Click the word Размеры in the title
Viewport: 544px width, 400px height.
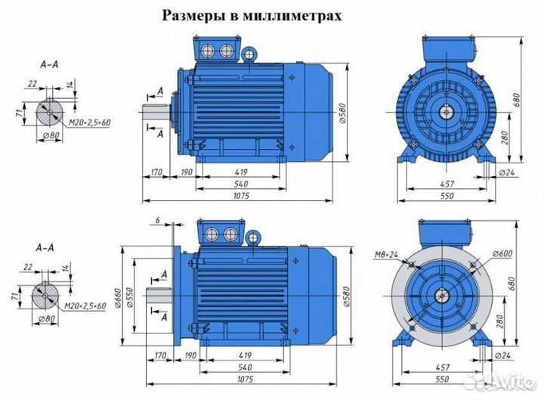pyautogui.click(x=191, y=16)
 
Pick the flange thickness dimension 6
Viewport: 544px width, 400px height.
pyautogui.click(x=156, y=219)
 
